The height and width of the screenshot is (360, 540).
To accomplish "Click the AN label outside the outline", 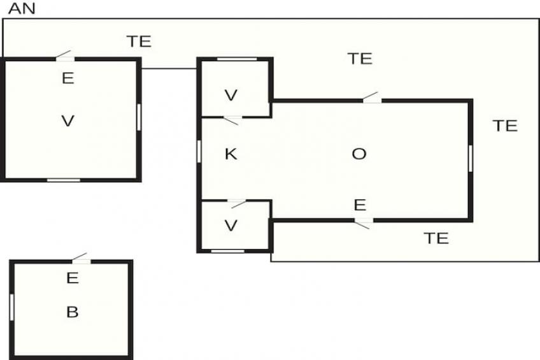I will coord(21,9).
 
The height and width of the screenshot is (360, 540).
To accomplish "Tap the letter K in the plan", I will coord(231,154).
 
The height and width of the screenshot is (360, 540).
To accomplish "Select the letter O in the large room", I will coord(359,154).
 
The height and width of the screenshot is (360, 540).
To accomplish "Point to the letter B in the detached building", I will coord(72,312).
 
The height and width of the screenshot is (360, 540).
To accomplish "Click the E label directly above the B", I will coord(72,278).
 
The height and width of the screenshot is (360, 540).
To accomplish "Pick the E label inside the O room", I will coord(360,205).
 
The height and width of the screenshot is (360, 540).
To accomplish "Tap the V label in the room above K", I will coord(231,96).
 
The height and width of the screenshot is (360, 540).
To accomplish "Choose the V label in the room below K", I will coord(231,226).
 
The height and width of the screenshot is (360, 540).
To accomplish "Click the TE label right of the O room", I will coord(505,126).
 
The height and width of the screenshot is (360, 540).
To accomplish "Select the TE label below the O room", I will coord(436,238).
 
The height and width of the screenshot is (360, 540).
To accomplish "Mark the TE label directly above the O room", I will coord(359,59).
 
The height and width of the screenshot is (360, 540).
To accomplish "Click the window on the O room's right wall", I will coord(471,159).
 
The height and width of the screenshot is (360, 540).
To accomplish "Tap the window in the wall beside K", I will coord(199,151).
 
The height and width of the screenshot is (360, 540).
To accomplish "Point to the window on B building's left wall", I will coord(11,307).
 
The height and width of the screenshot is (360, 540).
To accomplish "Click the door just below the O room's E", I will coord(362,222).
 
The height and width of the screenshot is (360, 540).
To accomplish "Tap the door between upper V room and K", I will coord(231,119).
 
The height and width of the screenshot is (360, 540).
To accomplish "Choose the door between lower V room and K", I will coord(238,203).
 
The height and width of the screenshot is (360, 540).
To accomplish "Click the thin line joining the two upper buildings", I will coord(169,68).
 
